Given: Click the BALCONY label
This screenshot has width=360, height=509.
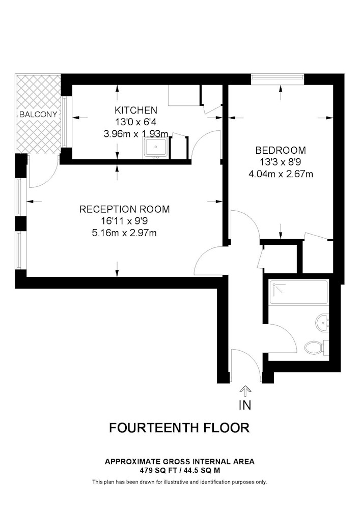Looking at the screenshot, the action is pyautogui.click(x=38, y=114).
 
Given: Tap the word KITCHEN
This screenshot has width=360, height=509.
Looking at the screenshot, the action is pyautogui.click(x=136, y=110).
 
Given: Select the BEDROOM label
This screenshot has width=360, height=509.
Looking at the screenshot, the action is pyautogui.click(x=281, y=150).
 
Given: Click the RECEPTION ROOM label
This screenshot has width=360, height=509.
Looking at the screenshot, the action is pyautogui.click(x=125, y=209).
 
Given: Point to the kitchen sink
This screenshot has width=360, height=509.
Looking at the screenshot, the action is pyautogui.click(x=156, y=148).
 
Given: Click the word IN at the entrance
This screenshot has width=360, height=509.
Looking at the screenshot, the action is pyautogui.click(x=245, y=405).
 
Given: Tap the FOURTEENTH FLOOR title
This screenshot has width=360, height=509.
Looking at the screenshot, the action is pyautogui.click(x=179, y=428).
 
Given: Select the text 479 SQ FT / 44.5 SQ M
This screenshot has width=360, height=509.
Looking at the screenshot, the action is pyautogui.click(x=180, y=470).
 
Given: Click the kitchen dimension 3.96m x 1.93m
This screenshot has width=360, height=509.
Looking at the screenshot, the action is pyautogui.click(x=135, y=134).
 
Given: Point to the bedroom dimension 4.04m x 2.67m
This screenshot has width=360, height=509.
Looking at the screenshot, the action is pyautogui.click(x=281, y=174).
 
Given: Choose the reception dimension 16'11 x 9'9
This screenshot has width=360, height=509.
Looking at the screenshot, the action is pyautogui.click(x=125, y=221).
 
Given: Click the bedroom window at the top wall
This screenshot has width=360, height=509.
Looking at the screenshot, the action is pyautogui.click(x=278, y=79).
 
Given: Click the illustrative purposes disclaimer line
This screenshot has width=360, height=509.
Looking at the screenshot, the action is pyautogui.click(x=180, y=482).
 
